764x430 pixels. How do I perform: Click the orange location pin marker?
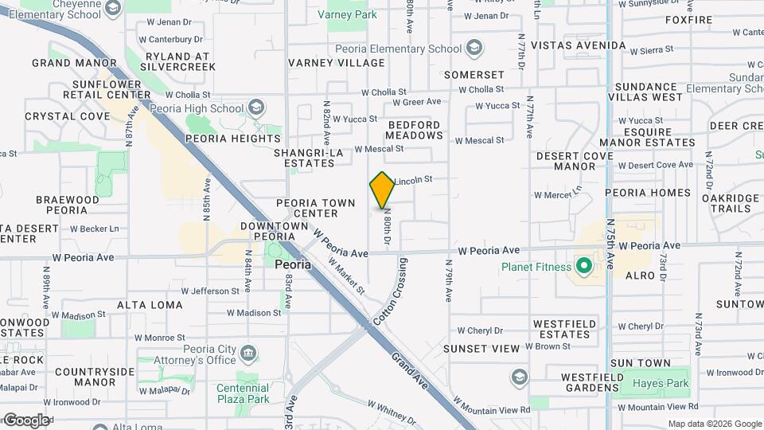click(383, 190)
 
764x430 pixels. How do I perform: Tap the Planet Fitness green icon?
click(583, 266)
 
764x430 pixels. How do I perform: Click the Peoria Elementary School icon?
click(475, 48)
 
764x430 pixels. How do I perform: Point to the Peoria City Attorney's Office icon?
click(248, 353)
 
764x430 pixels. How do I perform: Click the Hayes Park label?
click(659, 383)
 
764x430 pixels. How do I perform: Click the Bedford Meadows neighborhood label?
click(415, 130)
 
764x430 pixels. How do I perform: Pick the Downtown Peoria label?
click(274, 231)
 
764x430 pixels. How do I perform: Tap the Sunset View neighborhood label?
click(481, 349)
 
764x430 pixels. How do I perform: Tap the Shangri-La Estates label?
click(305, 157)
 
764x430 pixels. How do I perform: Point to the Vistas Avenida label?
click(579, 45)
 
